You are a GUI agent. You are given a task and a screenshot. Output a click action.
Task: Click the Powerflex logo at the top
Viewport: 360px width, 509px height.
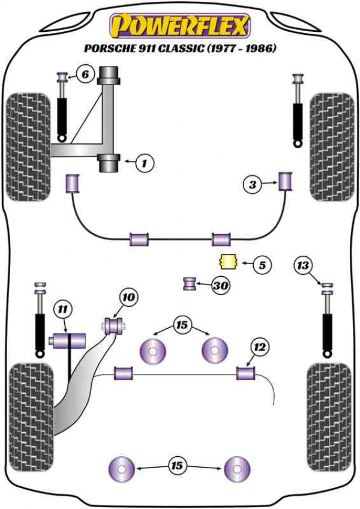coord(179,26)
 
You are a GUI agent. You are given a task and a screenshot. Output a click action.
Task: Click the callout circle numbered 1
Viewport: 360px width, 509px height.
coord(145,161)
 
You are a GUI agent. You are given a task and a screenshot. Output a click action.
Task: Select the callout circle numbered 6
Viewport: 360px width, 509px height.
coord(85,75)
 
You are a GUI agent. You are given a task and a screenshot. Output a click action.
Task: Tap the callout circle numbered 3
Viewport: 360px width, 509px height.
coord(253,185)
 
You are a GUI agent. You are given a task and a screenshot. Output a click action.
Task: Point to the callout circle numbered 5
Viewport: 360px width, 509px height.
coord(262,264)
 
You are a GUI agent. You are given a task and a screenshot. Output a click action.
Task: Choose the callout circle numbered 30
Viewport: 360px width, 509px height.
coord(220,286)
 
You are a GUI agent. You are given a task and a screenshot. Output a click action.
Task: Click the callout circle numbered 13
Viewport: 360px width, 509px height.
coord(304,264)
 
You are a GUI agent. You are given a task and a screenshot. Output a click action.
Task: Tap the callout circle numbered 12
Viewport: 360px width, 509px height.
coord(259,346)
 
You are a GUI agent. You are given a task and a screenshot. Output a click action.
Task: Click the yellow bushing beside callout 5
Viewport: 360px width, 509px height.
coord(227,262)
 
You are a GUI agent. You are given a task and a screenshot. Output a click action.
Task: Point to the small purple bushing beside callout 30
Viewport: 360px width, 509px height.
coord(191,283)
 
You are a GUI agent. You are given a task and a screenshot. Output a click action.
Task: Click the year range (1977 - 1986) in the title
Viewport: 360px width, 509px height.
coord(242,49)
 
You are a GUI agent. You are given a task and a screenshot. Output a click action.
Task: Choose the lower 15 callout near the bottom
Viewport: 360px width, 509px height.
coord(177,465)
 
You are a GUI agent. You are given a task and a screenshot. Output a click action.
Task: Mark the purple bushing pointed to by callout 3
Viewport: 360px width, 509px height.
coord(285,179)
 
